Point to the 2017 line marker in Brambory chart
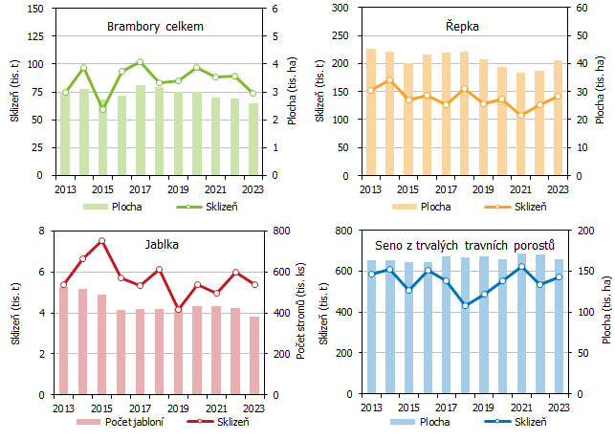click(140, 61)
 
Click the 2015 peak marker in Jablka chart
click(101, 241)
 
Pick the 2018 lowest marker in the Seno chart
click(465, 305)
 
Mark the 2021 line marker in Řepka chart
click(520, 115)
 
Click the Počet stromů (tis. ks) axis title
click(300, 313)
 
